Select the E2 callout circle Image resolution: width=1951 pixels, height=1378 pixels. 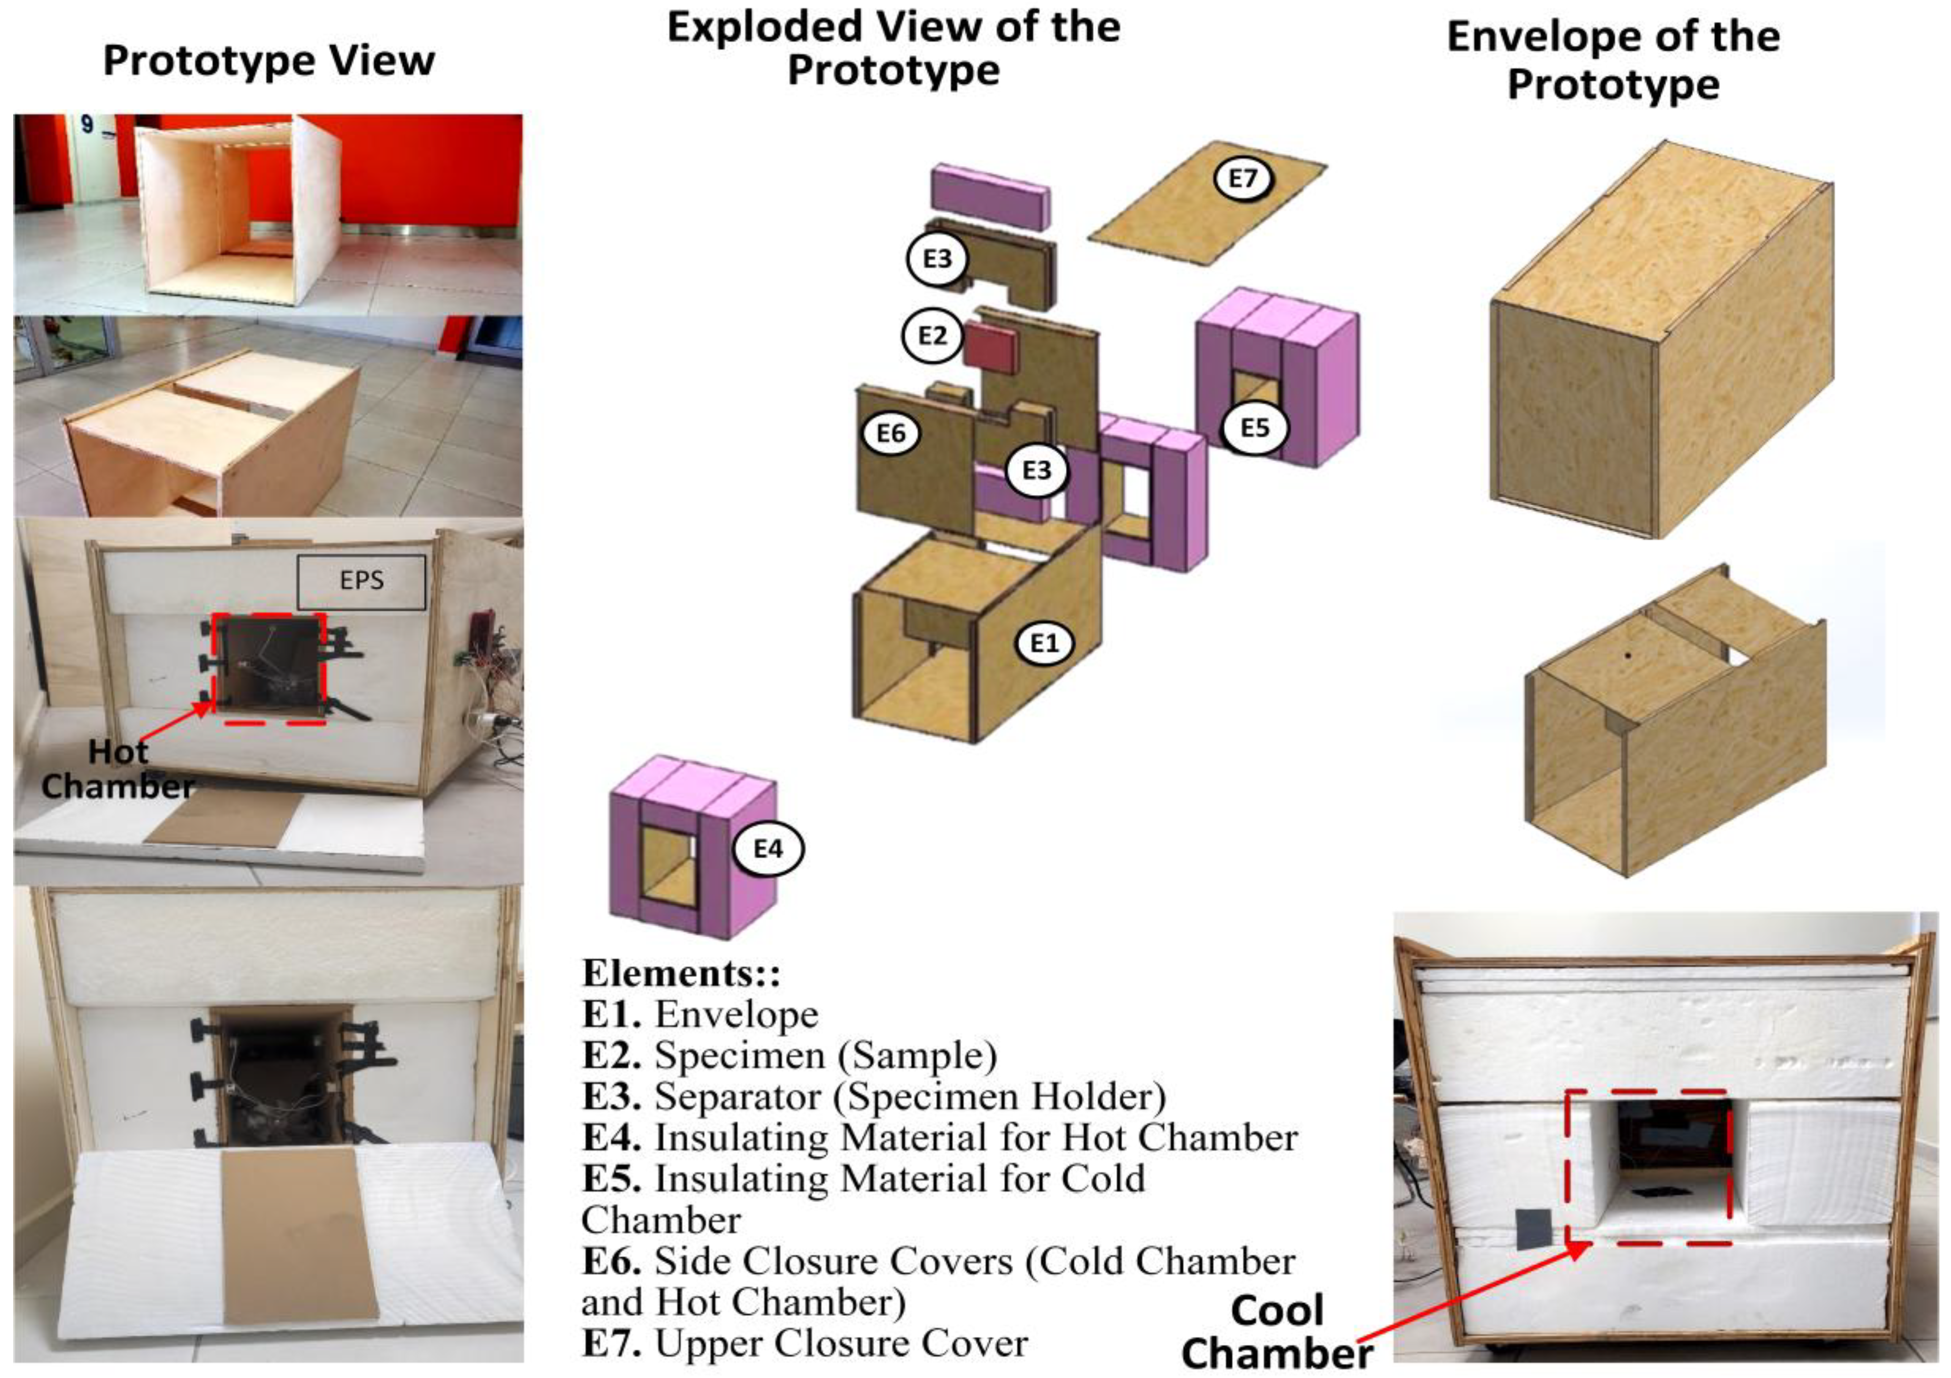932,335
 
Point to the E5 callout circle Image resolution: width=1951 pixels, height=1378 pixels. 1255,428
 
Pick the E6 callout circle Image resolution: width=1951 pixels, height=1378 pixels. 890,433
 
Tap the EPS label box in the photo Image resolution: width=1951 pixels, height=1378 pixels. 361,582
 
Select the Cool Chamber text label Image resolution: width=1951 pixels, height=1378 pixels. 1276,1331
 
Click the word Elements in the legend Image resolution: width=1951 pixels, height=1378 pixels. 680,973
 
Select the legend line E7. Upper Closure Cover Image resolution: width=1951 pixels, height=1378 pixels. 805,1343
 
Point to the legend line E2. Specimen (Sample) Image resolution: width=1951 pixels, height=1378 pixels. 788,1055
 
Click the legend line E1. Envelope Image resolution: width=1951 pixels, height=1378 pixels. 700,1014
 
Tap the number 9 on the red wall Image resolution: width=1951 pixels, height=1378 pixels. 87,124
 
